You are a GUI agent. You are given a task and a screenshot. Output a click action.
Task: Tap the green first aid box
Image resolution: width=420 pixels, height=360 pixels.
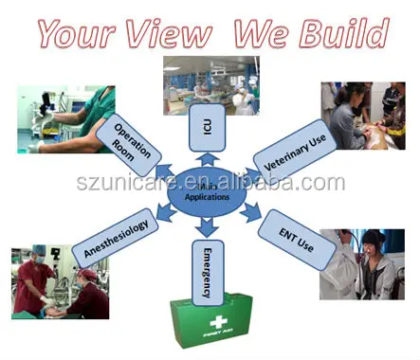[x=210, y=322]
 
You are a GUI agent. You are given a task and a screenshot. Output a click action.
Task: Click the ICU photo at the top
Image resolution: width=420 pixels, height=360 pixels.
[x=210, y=85]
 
